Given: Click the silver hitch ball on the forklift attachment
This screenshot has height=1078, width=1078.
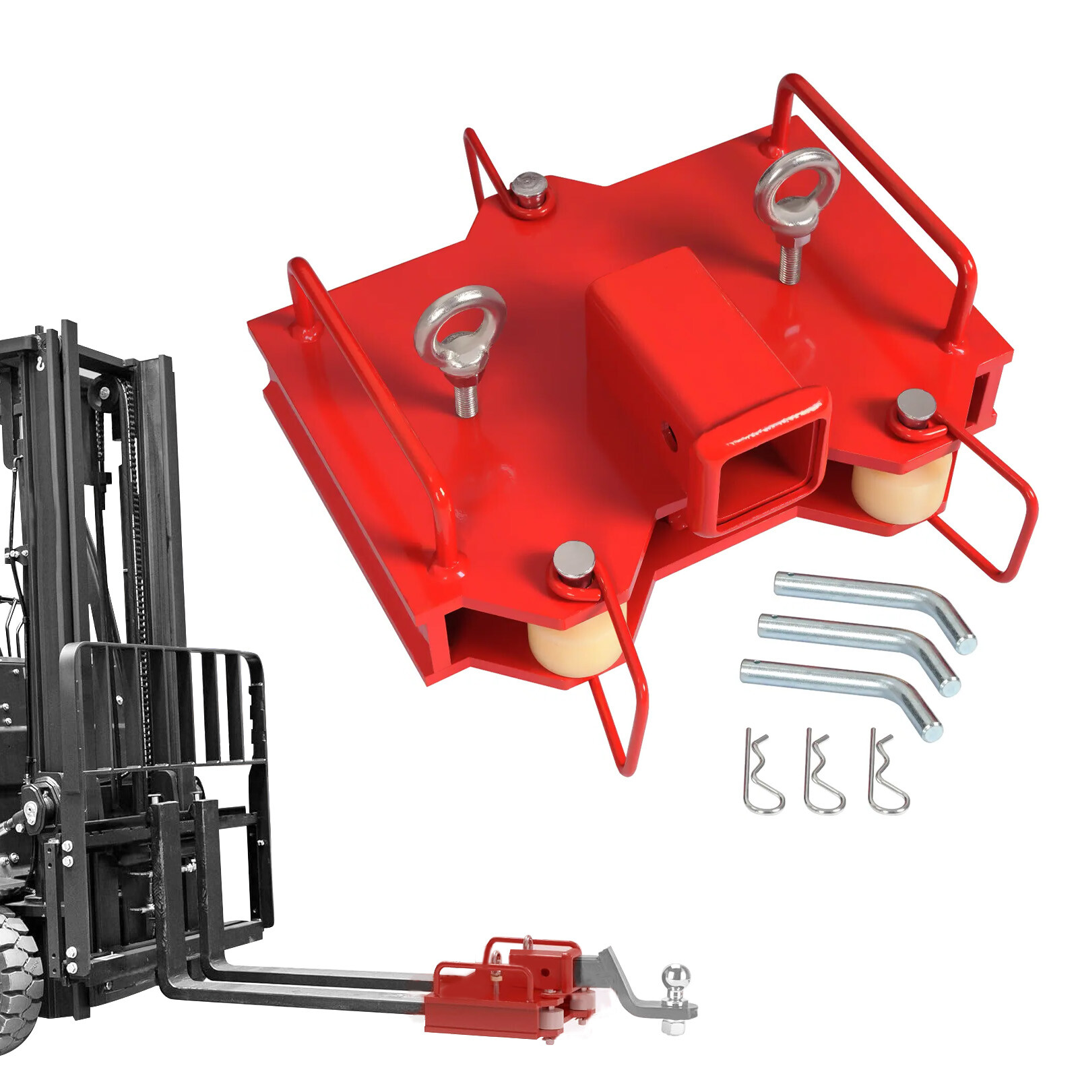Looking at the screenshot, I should click(x=676, y=978).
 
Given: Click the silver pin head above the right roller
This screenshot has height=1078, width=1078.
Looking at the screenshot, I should click(x=916, y=406).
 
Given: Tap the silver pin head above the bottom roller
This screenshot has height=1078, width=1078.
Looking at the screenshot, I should click(x=573, y=558).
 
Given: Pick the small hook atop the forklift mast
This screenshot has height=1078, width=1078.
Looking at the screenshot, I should click(x=40, y=364).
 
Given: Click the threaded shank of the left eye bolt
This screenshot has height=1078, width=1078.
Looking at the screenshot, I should click(x=466, y=398).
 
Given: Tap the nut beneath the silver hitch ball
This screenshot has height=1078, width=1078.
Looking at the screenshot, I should click(x=673, y=1027).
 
